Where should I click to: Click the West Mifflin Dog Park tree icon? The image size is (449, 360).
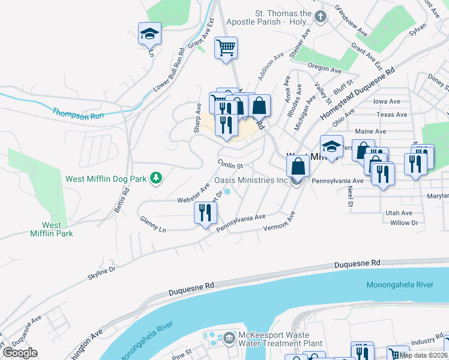click(156, 178)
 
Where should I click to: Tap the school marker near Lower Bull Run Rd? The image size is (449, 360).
click(149, 34)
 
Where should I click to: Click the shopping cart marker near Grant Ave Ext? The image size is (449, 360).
click(226, 47)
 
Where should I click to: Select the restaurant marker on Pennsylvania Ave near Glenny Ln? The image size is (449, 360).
click(205, 213)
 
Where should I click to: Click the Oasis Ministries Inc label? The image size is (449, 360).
click(252, 181)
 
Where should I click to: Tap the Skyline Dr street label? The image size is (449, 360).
click(101, 271)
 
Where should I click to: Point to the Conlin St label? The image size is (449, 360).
click(230, 165)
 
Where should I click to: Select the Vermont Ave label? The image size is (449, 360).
click(280, 222)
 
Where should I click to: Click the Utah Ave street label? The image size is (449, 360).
click(399, 213)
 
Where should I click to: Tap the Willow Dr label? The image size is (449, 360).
click(403, 223)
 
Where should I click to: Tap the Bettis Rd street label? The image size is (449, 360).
click(121, 201)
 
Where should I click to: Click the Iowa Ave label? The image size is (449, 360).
click(387, 102)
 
